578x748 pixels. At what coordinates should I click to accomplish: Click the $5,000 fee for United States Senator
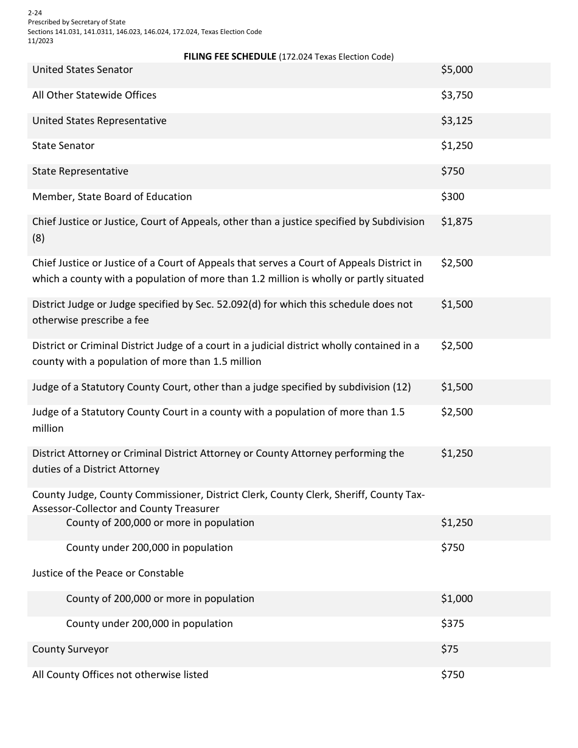pos(456,70)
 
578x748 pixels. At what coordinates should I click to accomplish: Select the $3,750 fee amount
pos(456,95)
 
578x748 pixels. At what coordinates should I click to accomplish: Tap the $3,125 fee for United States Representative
pos(456,121)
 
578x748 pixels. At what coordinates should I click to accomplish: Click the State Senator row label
pos(63,146)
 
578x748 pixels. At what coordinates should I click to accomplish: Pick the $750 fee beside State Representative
pos(452,171)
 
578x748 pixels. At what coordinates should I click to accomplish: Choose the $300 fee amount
pos(452,197)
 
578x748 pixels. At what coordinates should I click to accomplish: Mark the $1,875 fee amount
pos(456,222)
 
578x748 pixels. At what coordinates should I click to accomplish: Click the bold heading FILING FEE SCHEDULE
pos(229,57)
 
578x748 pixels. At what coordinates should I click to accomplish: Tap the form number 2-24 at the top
pos(35,12)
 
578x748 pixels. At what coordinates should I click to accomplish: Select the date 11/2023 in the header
pos(40,41)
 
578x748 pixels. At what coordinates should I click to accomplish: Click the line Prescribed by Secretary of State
pos(77,22)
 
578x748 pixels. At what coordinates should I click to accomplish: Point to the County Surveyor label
pos(71,649)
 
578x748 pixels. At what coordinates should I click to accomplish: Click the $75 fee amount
pos(450,649)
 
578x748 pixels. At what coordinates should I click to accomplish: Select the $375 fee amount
pos(452,624)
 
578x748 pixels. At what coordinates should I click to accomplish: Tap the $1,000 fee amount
pos(456,599)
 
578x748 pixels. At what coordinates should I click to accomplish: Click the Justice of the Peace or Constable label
pos(108,573)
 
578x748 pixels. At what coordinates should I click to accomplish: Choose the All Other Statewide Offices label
pos(94,95)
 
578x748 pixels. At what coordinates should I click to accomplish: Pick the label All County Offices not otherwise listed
pos(120,675)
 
